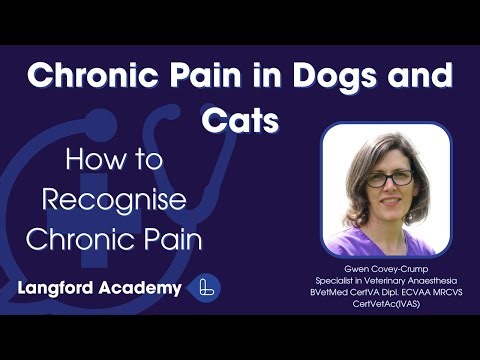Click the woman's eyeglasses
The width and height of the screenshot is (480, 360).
pyautogui.click(x=388, y=179)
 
